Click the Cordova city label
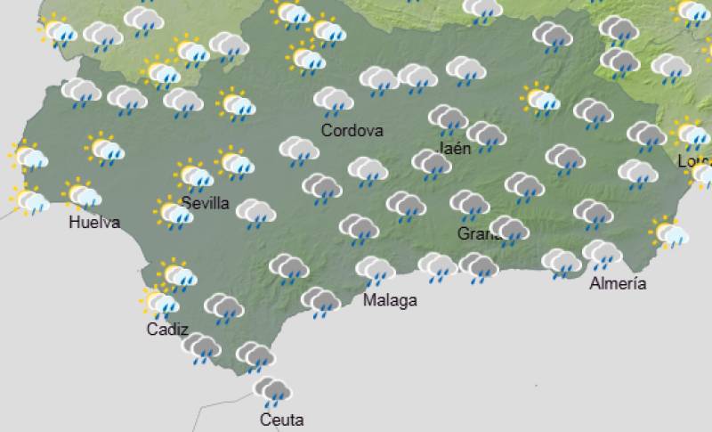click(352, 131)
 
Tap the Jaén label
click(456, 149)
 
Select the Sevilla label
click(205, 203)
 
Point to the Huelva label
click(93, 223)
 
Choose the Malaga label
click(390, 300)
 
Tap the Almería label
click(618, 284)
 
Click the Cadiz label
click(167, 329)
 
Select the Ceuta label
click(281, 420)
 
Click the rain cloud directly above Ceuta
click(271, 391)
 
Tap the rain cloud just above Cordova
click(333, 101)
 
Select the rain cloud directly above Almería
click(602, 255)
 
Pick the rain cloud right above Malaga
click(375, 269)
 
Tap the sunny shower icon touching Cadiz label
click(160, 303)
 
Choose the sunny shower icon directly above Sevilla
click(194, 175)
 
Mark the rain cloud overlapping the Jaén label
click(447, 118)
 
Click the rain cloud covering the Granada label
click(507, 230)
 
